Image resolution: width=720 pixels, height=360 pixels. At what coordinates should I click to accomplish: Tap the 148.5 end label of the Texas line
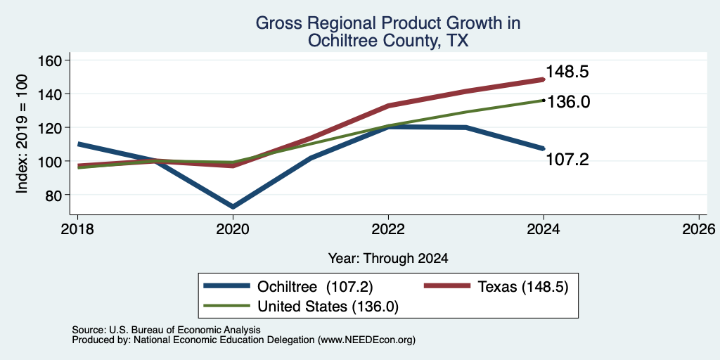pos(567,72)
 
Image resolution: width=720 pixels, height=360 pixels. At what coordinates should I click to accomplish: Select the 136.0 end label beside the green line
pos(568,102)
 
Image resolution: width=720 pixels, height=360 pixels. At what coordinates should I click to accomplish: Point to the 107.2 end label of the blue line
pos(567,160)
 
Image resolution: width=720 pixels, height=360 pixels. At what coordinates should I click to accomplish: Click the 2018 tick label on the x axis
pos(77,229)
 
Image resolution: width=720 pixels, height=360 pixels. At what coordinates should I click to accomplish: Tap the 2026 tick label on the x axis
pos(699,229)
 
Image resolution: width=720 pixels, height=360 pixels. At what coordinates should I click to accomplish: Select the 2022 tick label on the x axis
pos(388,229)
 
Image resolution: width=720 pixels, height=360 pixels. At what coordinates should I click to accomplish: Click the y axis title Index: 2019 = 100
pos(22,134)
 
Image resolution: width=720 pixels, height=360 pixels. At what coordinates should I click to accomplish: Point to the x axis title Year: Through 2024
pos(388,259)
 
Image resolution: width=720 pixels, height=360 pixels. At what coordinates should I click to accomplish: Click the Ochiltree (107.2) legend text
pos(315,287)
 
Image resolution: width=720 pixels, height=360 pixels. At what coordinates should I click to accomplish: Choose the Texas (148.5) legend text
pos(523,287)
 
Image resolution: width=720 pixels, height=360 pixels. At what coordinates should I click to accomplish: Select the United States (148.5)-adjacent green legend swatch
pos(227,306)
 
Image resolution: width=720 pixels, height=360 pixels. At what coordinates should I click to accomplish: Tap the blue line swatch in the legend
pos(227,287)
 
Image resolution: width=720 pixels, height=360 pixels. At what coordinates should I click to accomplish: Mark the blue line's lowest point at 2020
pos(233,207)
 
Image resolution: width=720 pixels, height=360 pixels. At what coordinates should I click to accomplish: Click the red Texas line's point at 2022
pos(388,105)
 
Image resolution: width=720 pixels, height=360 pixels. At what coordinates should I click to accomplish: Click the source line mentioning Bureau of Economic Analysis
pos(166,330)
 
